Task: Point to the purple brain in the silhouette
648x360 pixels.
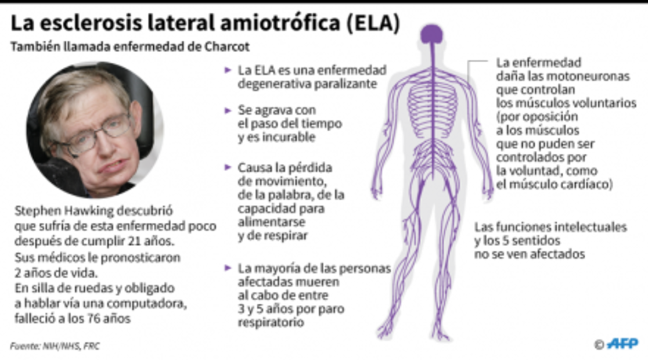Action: pos(431,34)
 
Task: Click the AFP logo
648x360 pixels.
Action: pos(622,344)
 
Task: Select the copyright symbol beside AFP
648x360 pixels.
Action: pos(599,344)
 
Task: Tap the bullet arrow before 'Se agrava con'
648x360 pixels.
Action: pos(228,110)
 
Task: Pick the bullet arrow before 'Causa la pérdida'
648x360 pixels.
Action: pos(228,167)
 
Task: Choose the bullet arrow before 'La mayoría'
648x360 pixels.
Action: pos(228,268)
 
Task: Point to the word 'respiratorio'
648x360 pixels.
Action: pos(271,322)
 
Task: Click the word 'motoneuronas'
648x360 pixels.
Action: pos(582,76)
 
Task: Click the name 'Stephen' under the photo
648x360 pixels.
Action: pos(36,211)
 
